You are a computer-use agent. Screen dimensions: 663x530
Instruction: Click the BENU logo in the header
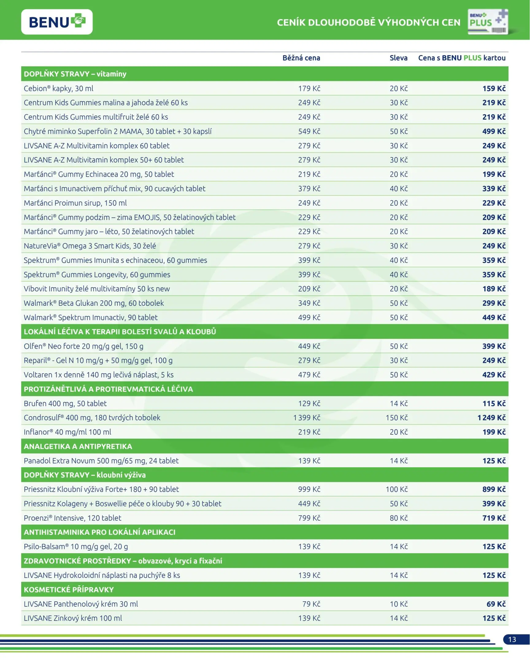(57, 22)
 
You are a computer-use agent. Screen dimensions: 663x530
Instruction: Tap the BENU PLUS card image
(488, 21)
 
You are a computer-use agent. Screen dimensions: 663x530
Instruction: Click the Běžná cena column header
(301, 58)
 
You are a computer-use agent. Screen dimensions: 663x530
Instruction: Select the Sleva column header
(398, 58)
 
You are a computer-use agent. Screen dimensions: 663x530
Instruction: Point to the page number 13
(512, 640)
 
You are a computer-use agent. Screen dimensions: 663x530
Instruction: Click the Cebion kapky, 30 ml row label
(59, 89)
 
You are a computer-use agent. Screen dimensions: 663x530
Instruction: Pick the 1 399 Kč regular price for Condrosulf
(306, 418)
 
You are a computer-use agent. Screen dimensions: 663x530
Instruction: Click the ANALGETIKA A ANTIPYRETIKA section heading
(78, 447)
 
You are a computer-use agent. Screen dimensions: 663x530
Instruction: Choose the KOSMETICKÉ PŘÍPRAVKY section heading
(69, 590)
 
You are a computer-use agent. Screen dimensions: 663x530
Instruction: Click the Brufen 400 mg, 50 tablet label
(65, 403)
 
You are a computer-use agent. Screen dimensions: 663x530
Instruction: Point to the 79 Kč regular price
(311, 604)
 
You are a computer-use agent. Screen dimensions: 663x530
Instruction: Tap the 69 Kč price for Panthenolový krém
(496, 604)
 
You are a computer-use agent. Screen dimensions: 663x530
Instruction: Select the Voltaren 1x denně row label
(99, 375)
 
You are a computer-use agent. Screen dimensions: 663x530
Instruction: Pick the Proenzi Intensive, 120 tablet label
(72, 518)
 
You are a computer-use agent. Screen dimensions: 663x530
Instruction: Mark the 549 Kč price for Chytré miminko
(309, 131)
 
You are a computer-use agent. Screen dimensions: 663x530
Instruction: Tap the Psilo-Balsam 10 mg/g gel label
(76, 546)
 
